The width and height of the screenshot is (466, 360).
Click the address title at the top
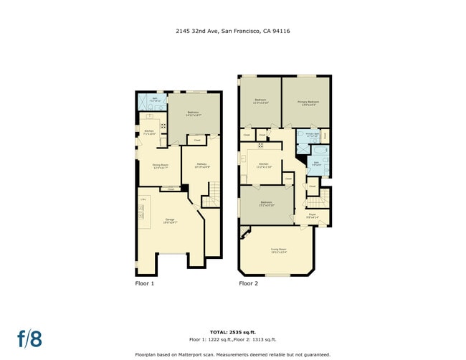pyautogui.click(x=233, y=31)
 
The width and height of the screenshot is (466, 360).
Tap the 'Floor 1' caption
pyautogui.click(x=145, y=283)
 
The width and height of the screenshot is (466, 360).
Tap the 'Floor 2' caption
pyautogui.click(x=248, y=283)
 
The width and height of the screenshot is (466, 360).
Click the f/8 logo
pyautogui.click(x=29, y=338)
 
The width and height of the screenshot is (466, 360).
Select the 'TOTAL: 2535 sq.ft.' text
pyautogui.click(x=233, y=332)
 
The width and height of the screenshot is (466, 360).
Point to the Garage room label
pyautogui.click(x=170, y=220)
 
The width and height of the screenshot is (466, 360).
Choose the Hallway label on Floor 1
pyautogui.click(x=201, y=166)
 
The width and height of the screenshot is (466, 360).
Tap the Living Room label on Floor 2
pyautogui.click(x=279, y=251)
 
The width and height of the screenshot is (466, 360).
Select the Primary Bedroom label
pyautogui.click(x=308, y=103)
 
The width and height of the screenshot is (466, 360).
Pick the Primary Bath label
pyautogui.click(x=311, y=134)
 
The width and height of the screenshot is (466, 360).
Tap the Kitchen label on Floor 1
pyautogui.click(x=149, y=131)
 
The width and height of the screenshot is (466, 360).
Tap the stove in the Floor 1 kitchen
pyautogui.click(x=163, y=126)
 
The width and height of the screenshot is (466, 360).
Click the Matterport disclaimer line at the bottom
pyautogui.click(x=233, y=354)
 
